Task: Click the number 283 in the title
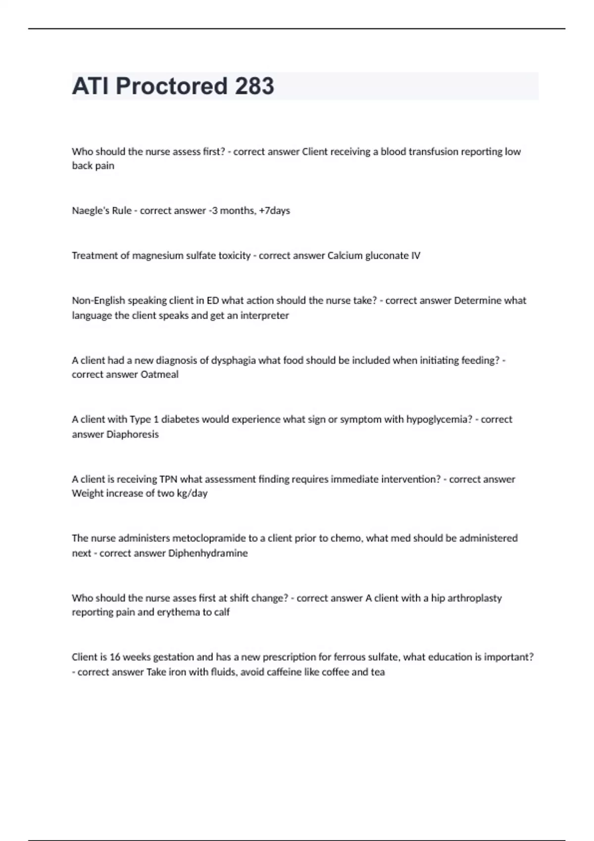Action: tap(254, 86)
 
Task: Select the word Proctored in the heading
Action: tap(171, 86)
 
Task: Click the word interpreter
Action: tap(264, 316)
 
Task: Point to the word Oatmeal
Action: tap(159, 375)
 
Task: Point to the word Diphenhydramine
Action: tap(208, 553)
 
